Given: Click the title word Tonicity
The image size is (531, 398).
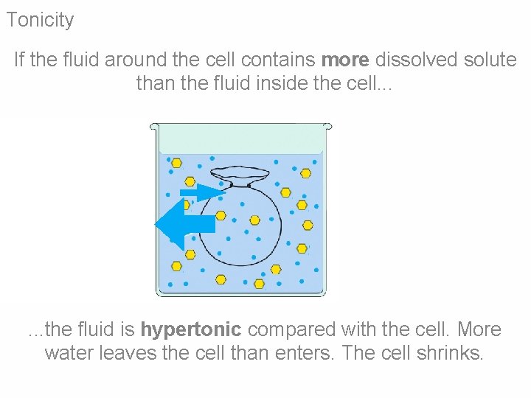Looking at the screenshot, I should click(x=40, y=20).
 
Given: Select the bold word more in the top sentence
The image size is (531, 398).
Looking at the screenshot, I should click(x=345, y=60).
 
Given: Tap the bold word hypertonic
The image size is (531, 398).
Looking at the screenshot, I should click(x=191, y=329).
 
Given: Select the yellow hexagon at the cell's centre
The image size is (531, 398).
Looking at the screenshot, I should click(x=254, y=220).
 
